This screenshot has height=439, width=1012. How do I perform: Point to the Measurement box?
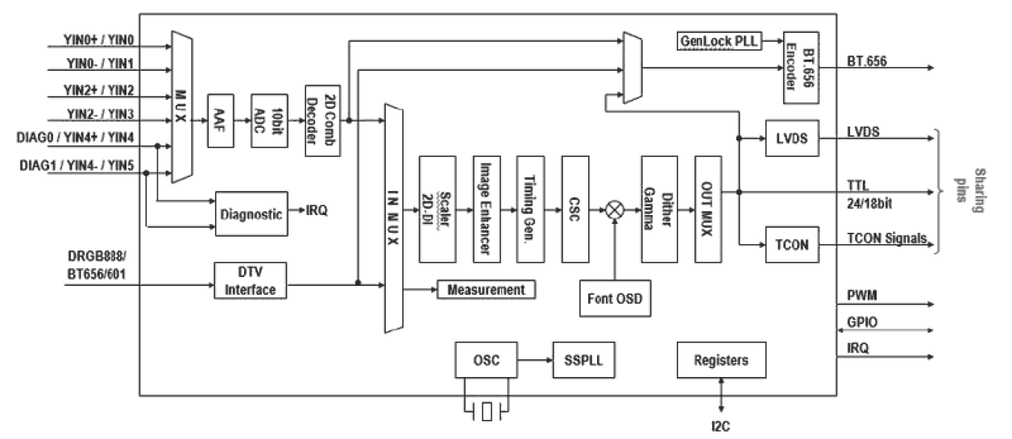tap(486, 289)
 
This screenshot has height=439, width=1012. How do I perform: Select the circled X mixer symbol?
tap(616, 208)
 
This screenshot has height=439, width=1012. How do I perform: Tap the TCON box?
tap(791, 243)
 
